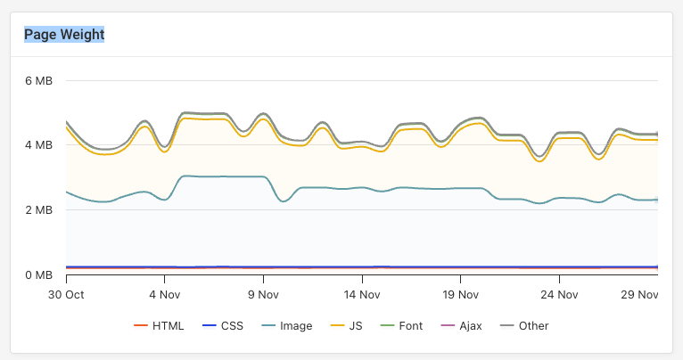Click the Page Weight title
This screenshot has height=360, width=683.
tap(64, 35)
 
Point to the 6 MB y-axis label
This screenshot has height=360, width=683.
tap(38, 81)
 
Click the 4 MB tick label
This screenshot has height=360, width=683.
tap(38, 145)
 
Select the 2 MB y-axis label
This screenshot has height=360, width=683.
tap(38, 210)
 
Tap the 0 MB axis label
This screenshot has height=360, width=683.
tap(38, 274)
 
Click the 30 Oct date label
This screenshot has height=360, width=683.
tap(66, 293)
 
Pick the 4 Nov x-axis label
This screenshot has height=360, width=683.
tap(165, 293)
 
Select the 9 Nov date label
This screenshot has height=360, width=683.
tap(263, 293)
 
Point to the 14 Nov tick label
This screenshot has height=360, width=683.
tap(362, 293)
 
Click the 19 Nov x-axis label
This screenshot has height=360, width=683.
tap(460, 293)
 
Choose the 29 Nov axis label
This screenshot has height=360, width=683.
tap(639, 293)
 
